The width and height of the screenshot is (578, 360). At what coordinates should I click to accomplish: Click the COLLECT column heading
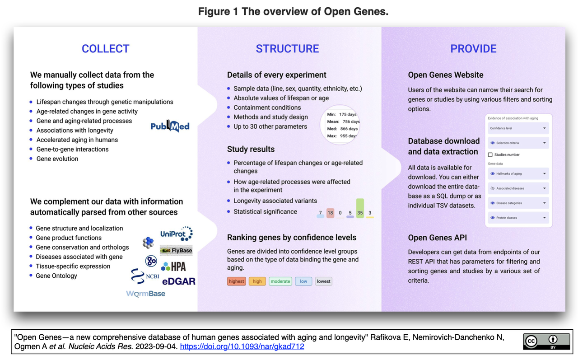coord(105,49)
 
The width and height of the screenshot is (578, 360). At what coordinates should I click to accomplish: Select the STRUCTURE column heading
coord(287,49)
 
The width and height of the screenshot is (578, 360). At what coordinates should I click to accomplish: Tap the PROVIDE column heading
coord(473,49)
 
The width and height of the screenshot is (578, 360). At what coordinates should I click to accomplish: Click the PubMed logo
coord(170,126)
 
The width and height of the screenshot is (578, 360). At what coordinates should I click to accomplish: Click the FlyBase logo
coord(176,251)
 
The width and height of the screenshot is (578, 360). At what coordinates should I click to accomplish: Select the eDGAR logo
coord(179,281)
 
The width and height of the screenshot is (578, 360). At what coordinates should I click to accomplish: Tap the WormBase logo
coord(146,294)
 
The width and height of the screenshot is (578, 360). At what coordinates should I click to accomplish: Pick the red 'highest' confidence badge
coord(236,281)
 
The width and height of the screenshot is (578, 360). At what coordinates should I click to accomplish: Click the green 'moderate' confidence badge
coord(280,281)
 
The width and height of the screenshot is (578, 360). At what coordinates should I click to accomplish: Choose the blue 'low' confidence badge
coord(303,281)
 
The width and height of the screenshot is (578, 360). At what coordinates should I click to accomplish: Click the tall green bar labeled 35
coord(360,209)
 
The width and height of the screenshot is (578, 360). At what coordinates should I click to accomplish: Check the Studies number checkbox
coord(490,155)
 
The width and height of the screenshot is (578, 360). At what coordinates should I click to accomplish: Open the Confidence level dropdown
coord(518,128)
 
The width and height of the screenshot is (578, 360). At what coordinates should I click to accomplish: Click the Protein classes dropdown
coord(518,218)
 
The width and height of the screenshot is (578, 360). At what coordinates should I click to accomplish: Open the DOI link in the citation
coord(242,347)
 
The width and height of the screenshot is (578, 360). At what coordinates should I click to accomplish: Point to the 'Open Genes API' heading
coord(437,238)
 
